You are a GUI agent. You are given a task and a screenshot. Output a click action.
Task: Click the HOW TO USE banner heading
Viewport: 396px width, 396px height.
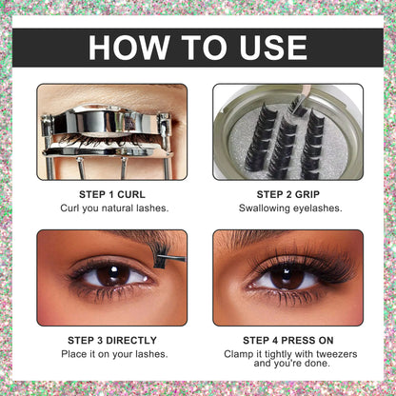(198, 48)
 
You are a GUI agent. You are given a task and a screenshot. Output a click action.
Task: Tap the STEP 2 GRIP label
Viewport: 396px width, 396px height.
(287, 191)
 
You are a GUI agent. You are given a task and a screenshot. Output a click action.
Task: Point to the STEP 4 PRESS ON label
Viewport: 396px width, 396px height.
(287, 338)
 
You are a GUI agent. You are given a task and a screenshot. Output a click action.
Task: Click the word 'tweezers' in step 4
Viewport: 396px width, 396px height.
(327, 352)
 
